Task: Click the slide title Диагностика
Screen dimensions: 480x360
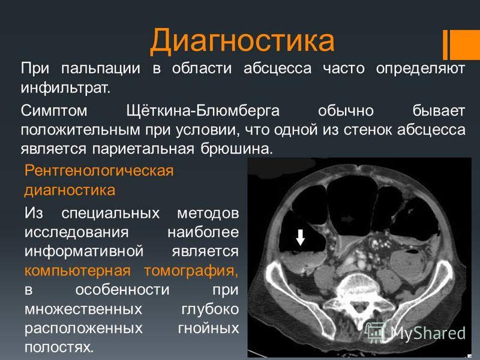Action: coord(242,41)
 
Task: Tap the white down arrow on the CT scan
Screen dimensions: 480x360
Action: coord(301,237)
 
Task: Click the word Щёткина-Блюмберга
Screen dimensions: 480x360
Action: coord(203,110)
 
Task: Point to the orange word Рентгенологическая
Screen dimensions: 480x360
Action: coord(99,170)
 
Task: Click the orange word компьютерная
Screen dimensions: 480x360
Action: coord(77,271)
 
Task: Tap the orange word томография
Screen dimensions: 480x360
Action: coord(191,271)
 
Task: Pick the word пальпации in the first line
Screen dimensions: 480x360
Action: coord(101,68)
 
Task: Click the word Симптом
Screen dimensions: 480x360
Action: coord(54,110)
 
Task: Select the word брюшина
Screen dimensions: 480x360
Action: coord(236,149)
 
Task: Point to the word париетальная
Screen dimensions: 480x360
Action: coord(143,149)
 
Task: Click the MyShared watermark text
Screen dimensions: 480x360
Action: coord(428,332)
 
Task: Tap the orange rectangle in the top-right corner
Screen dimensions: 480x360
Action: coord(461,44)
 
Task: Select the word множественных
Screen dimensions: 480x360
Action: coord(83,309)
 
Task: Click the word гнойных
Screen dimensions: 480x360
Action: coord(208,328)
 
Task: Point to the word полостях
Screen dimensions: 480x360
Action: coord(59,347)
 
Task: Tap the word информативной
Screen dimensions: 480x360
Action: coord(84,251)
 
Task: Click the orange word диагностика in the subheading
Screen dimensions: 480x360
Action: coord(70,190)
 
